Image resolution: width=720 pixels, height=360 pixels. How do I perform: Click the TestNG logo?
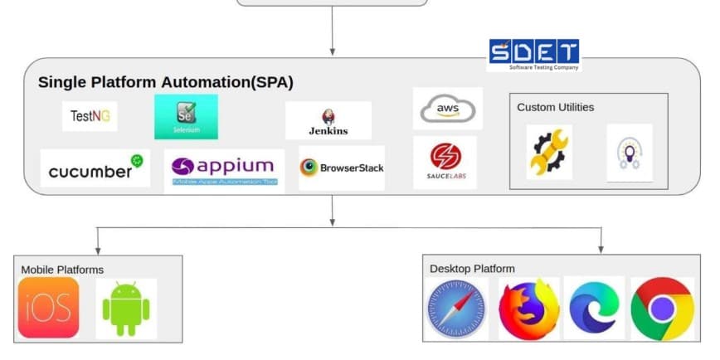[x=90, y=116]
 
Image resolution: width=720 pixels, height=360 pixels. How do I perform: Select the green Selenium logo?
[x=186, y=117]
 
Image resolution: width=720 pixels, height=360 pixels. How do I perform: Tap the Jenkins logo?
[x=328, y=121]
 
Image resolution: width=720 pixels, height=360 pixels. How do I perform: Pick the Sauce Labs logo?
[x=445, y=162]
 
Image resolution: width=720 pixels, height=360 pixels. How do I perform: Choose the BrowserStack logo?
[x=342, y=168]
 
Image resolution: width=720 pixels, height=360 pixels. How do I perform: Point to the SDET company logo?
[x=533, y=55]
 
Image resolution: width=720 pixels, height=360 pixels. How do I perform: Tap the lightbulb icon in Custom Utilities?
[x=629, y=153]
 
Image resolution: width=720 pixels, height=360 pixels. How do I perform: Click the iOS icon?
[x=49, y=308]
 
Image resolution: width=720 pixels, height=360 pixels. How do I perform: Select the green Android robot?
[x=126, y=309]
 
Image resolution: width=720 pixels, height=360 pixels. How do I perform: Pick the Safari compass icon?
[x=456, y=309]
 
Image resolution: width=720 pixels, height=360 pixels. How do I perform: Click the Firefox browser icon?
[x=528, y=309]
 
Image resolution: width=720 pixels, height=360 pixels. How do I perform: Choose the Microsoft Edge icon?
[x=594, y=309]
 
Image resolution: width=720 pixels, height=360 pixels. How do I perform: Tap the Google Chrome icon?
[x=662, y=309]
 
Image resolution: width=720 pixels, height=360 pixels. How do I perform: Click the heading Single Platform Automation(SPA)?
[x=165, y=83]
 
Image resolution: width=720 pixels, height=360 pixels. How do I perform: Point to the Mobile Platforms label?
[x=62, y=270]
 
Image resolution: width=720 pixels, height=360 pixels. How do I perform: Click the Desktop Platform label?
[x=472, y=268]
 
